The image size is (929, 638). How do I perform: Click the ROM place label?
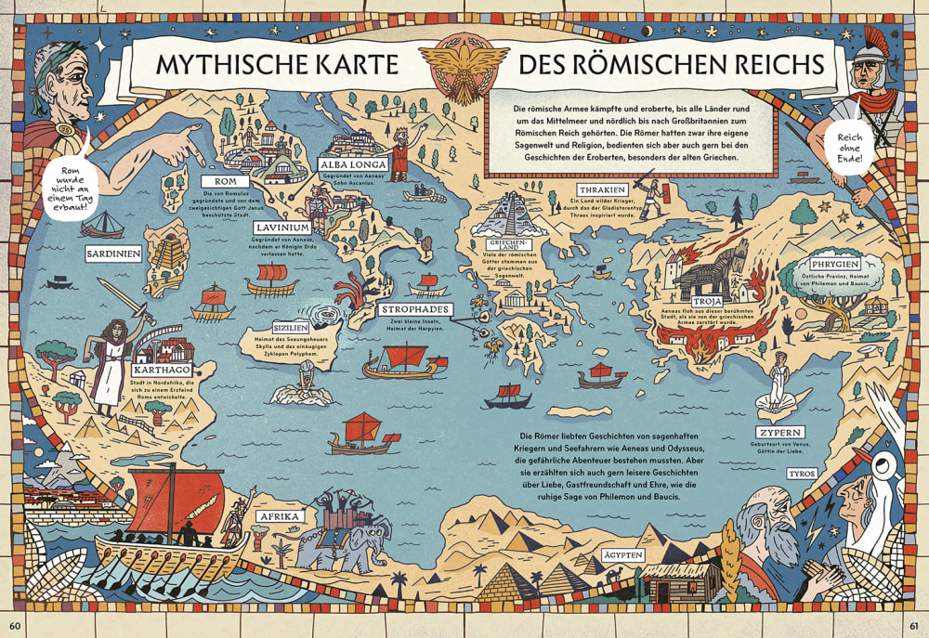click(x=228, y=180)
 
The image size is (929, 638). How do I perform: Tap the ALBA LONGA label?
click(x=353, y=165)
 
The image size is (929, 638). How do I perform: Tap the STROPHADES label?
click(x=415, y=308)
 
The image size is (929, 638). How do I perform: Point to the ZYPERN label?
click(x=779, y=433)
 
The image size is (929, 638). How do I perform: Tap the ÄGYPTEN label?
click(x=622, y=555)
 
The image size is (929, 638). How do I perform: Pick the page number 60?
click(x=16, y=620)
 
